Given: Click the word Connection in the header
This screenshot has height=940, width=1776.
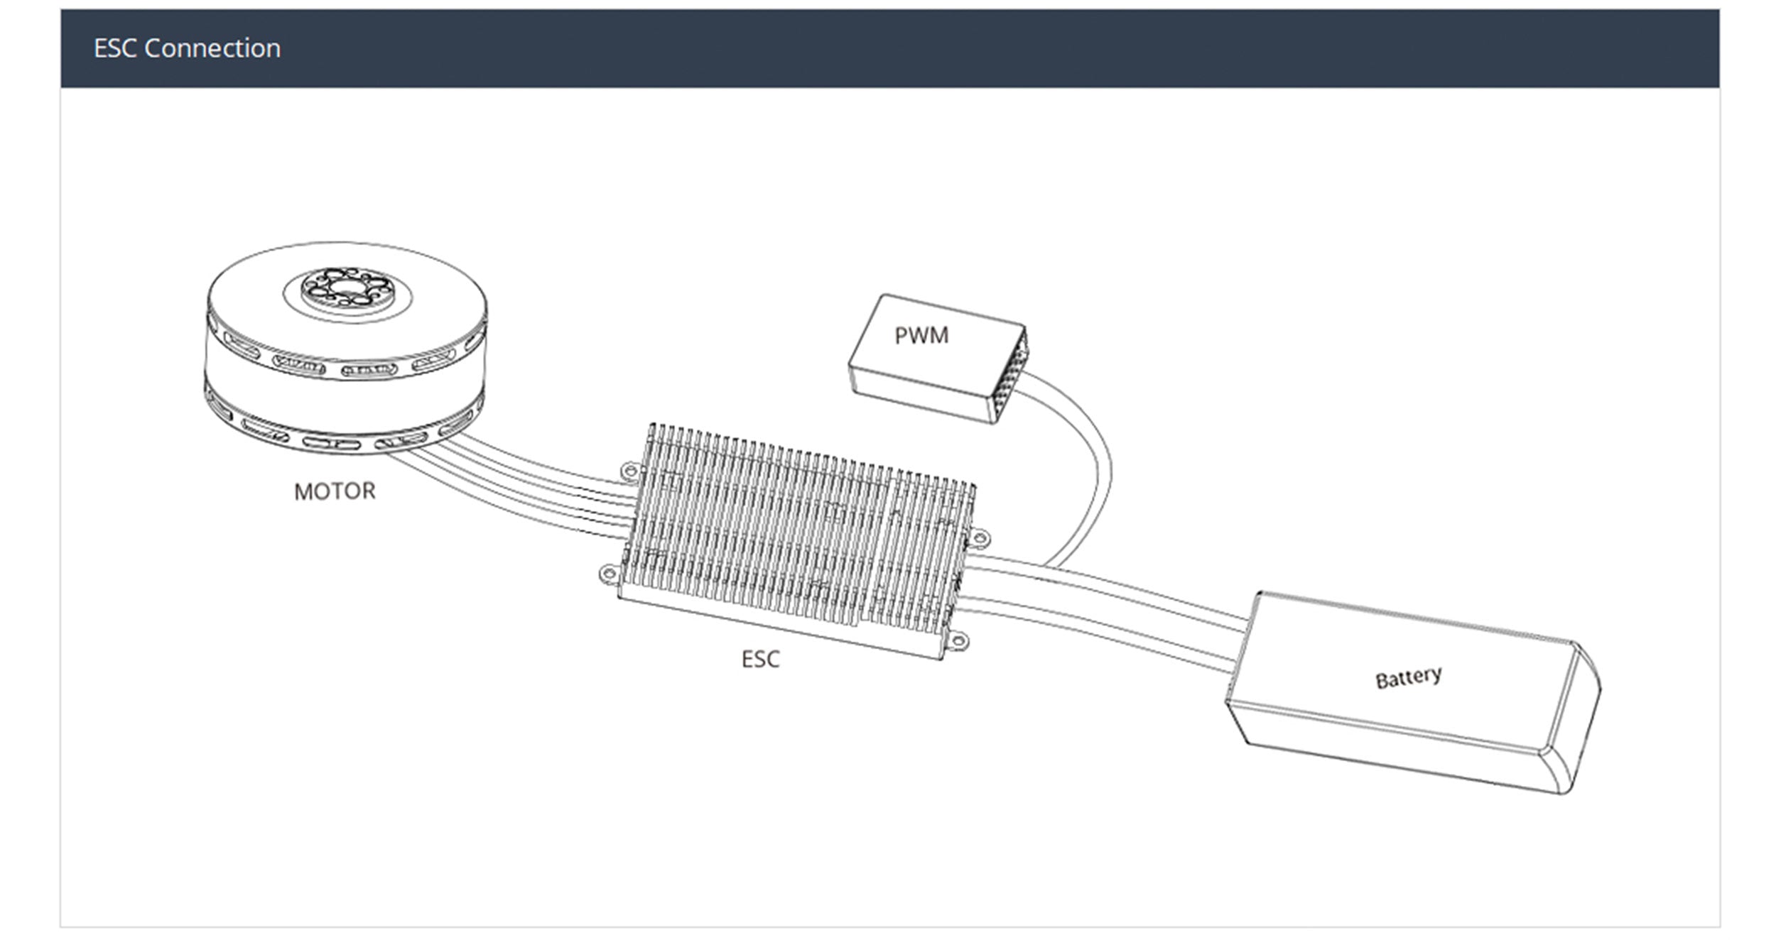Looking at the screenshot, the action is click(x=212, y=48).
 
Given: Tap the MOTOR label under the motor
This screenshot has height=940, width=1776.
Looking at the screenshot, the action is click(x=335, y=491).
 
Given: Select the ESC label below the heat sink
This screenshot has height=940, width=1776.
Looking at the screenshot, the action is click(x=760, y=659).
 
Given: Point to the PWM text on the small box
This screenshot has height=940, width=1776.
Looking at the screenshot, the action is click(x=921, y=335).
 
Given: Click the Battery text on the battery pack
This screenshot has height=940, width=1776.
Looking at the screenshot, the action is click(x=1409, y=677).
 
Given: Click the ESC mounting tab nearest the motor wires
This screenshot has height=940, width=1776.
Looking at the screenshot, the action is click(x=629, y=471).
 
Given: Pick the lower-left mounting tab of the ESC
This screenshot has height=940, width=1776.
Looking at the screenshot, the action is click(x=610, y=574).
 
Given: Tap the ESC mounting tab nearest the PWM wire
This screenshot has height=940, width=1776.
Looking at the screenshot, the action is click(x=978, y=537).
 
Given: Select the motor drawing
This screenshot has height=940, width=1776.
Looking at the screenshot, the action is click(x=347, y=348).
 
